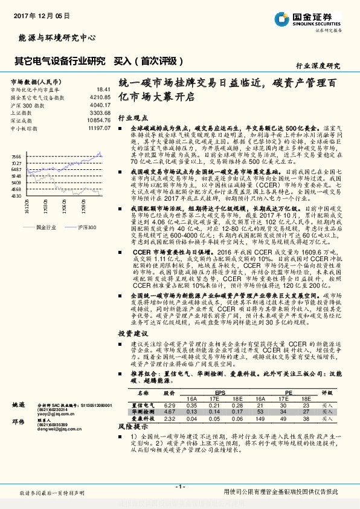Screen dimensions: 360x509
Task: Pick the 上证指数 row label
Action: (21, 112)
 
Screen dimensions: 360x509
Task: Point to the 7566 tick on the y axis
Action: (16, 156)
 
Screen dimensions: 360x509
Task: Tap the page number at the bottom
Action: (180, 486)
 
